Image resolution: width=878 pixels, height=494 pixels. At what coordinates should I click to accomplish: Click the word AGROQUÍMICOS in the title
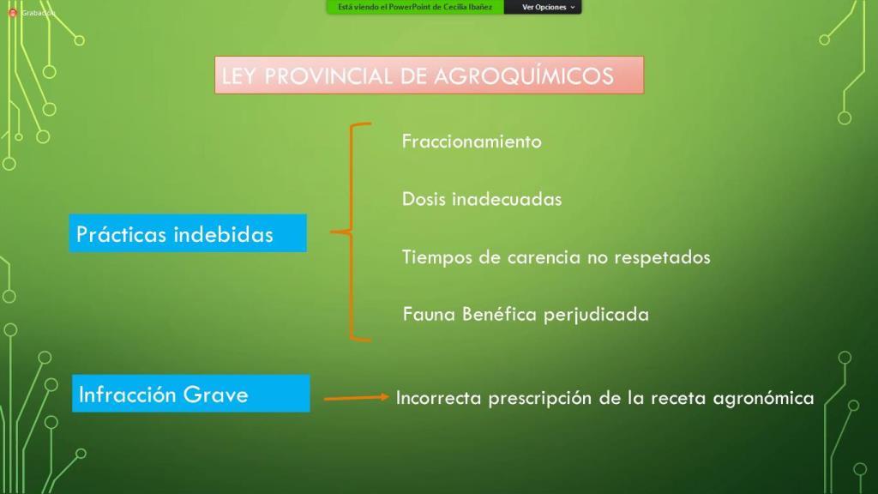point(524,76)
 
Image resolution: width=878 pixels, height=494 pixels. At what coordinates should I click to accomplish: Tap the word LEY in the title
point(239,76)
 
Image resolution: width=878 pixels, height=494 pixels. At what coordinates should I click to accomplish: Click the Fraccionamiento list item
point(472,142)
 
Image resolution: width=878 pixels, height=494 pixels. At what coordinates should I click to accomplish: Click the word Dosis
point(423,199)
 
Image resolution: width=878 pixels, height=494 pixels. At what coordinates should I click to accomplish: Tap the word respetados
point(663,257)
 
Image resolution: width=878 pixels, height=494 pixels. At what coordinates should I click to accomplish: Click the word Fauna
point(429,314)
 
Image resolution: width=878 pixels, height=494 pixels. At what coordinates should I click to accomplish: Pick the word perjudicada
point(597,315)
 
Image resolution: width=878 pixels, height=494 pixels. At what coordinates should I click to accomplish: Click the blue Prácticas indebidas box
point(188,233)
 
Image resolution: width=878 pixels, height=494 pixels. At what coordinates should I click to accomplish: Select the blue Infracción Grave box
point(191,393)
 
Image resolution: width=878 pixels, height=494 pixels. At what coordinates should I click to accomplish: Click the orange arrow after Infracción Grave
point(356,398)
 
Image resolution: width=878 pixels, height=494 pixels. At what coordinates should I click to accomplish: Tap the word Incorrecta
point(438,398)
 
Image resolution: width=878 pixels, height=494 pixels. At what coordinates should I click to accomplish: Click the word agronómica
point(763,398)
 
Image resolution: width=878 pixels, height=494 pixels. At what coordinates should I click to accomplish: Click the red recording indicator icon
point(12,12)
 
